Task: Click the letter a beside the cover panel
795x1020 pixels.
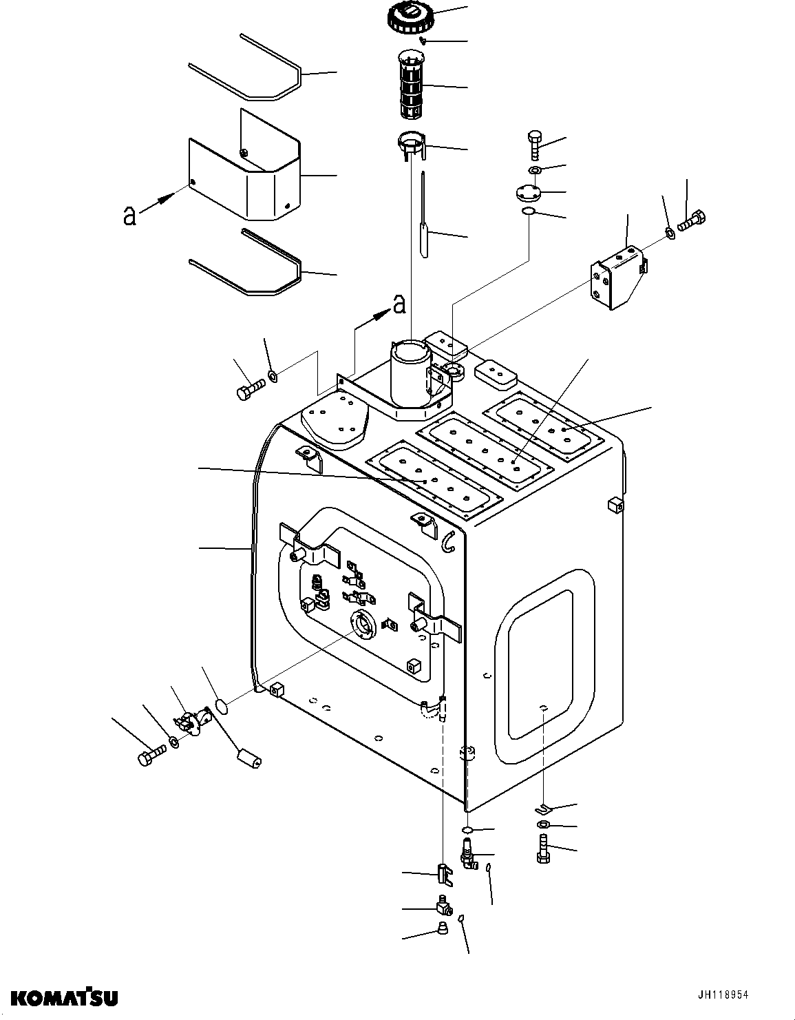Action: pyautogui.click(x=129, y=216)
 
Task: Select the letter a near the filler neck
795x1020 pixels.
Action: pyautogui.click(x=398, y=304)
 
